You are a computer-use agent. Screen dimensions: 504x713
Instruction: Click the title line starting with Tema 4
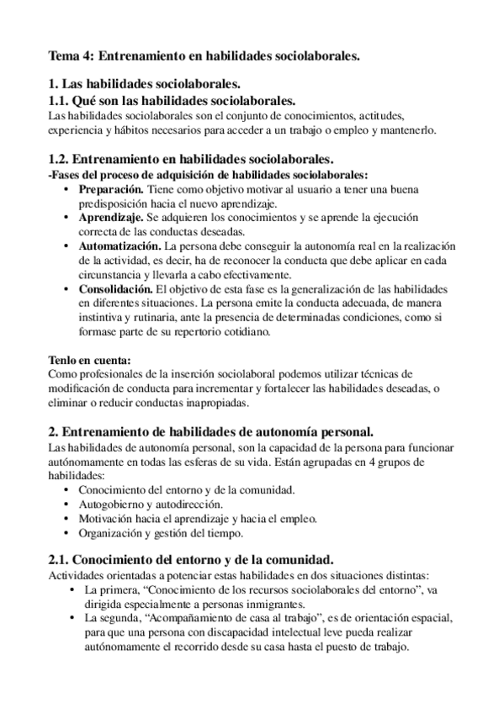tap(204, 56)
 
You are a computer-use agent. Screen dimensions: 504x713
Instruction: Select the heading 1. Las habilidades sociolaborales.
tap(145, 84)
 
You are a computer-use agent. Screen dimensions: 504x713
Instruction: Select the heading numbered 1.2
tap(191, 160)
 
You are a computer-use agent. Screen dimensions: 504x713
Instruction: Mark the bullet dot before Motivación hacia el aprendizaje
tap(67, 519)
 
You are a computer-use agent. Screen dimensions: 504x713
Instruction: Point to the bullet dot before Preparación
tap(67, 190)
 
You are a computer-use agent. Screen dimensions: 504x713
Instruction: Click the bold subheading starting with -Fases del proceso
tap(208, 175)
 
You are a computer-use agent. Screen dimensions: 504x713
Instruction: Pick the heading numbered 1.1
tap(172, 100)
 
